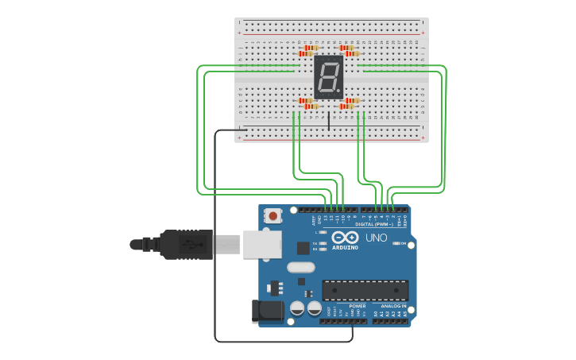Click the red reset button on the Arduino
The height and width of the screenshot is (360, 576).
click(273, 215)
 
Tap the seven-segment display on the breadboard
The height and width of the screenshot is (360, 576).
click(328, 77)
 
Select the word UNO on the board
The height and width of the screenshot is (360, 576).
click(376, 238)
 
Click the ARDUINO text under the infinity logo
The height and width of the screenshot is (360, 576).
click(345, 247)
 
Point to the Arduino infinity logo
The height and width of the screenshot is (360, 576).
click(345, 237)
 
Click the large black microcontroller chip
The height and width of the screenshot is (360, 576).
click(365, 290)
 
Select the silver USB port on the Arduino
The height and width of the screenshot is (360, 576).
click(261, 244)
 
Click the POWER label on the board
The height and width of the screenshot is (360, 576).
click(358, 305)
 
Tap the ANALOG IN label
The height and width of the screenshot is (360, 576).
click(393, 305)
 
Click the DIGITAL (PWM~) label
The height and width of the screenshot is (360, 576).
click(380, 225)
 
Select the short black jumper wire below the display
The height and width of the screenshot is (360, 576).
click(329, 121)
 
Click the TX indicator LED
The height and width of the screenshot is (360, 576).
click(323, 243)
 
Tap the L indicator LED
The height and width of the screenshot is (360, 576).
click(323, 232)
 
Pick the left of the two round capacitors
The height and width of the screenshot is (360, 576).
click(297, 308)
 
